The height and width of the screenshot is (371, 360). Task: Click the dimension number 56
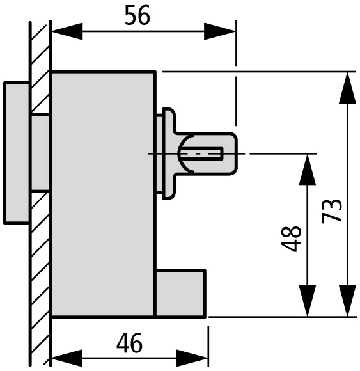pos(137,15)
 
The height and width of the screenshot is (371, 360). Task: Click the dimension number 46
pos(130,343)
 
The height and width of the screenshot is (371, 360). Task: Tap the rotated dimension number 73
pos(332,211)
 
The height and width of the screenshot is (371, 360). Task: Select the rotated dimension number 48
pos(292,239)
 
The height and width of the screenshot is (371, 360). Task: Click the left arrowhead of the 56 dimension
pos(67,31)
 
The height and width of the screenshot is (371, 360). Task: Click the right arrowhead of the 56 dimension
pos(220,31)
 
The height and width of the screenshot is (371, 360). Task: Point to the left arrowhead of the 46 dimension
pos(67,358)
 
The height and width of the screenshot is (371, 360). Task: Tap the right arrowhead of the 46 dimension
pos(192,358)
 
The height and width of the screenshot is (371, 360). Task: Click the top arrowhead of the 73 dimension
pos(347,88)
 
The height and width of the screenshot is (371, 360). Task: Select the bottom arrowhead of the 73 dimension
pos(347,301)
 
